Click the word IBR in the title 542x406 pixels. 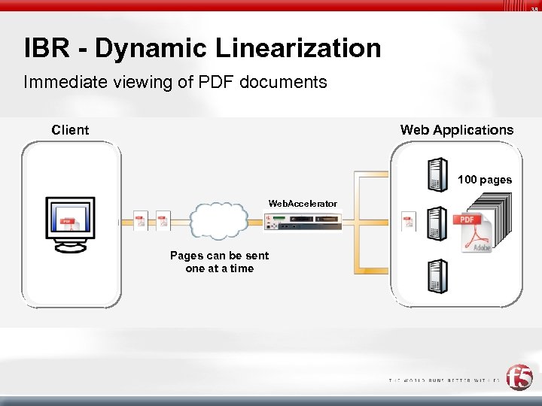tap(47, 49)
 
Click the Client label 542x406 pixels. tap(70, 130)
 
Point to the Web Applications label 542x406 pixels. tap(456, 130)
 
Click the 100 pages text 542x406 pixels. tap(484, 180)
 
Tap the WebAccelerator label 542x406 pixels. tap(303, 204)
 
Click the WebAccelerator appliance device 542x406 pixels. tap(303, 221)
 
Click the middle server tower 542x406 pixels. tap(437, 223)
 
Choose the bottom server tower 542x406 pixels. tap(437, 276)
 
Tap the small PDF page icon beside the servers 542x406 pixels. tap(408, 221)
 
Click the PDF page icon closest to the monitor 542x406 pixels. tap(139, 220)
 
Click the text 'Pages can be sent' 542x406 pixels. tap(219, 256)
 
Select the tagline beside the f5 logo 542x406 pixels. tap(444, 380)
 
